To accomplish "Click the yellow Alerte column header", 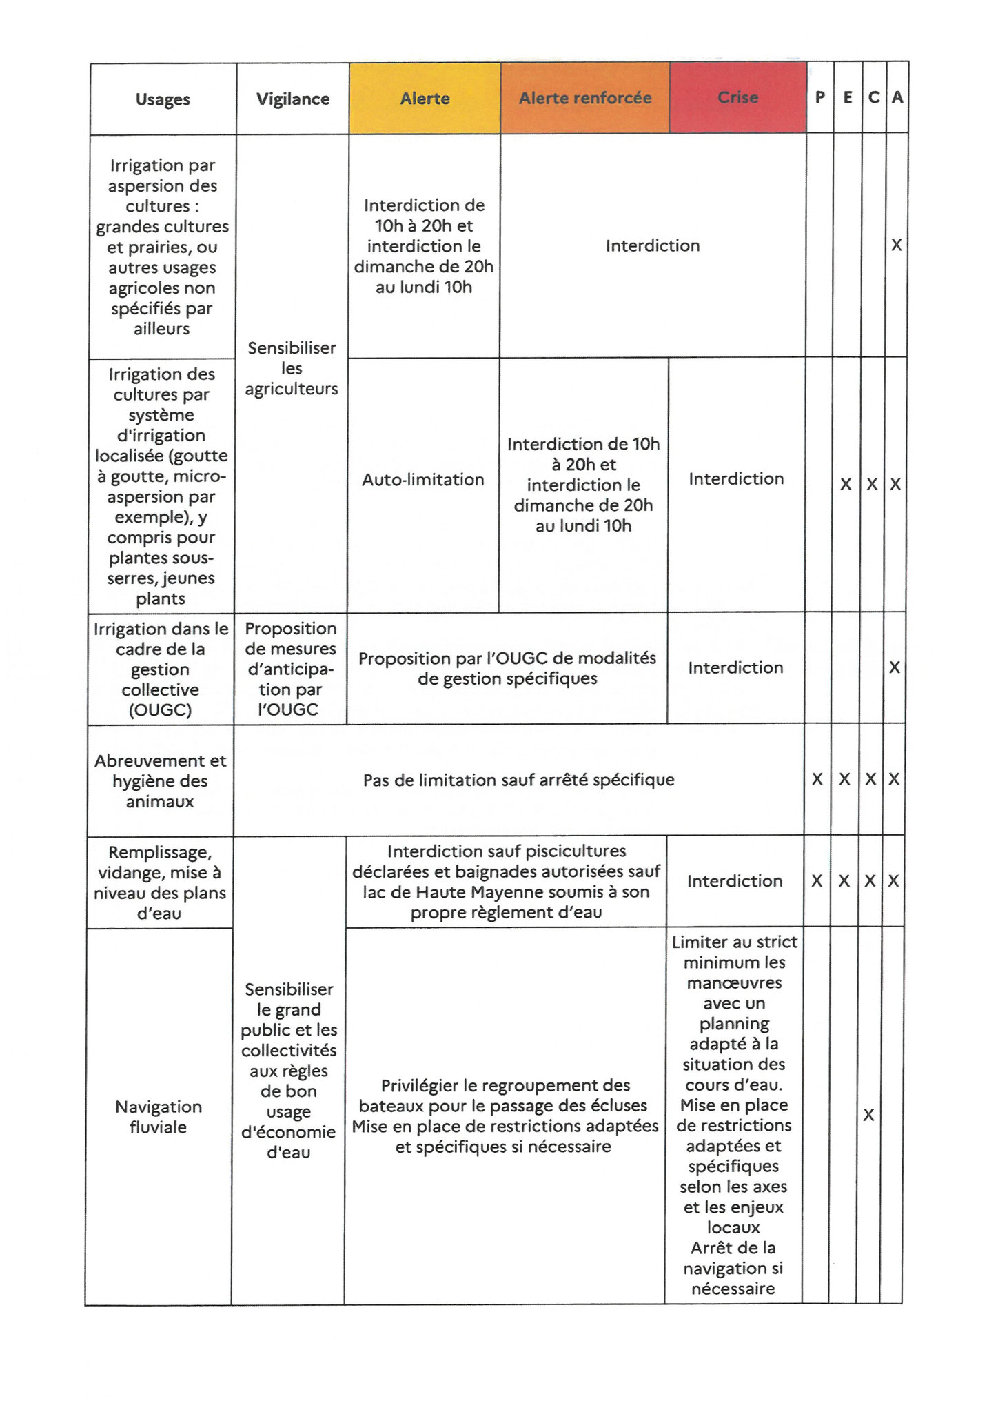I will pos(425,99).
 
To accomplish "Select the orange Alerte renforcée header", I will pos(584,99).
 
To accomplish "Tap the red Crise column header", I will pos(737,98).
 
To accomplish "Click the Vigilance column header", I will pos(293,99).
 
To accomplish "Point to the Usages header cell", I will pos(163,99).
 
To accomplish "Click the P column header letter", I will pos(819,98).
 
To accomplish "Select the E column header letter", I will pos(848,98).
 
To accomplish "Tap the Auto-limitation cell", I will pos(423,480).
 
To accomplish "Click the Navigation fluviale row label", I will pos(159,1116).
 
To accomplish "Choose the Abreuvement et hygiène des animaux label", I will pos(160,781).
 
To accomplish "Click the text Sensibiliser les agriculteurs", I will pos(292,368).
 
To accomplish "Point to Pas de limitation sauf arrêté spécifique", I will pos(518,780).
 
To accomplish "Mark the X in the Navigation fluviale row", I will pos(868,1115).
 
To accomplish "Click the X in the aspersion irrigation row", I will pos(896,245).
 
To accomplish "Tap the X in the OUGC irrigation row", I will pos(895,667).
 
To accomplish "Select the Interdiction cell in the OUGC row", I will pos(735,667).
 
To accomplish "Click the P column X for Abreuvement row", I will pos(817,780).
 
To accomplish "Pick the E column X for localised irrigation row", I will pos(846,485).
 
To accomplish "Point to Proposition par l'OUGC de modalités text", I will pos(507,658).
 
